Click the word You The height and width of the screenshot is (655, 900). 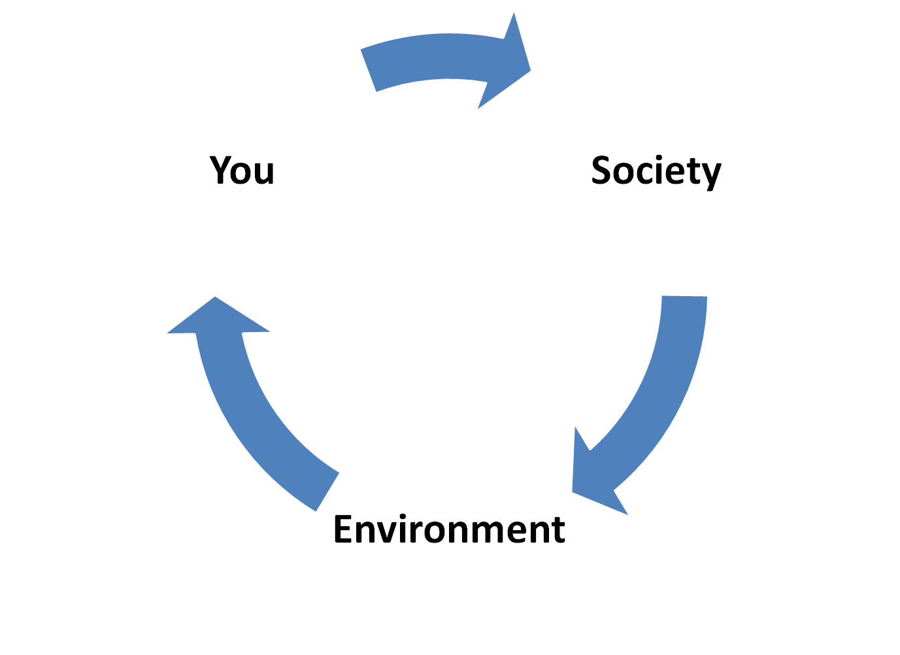[242, 170]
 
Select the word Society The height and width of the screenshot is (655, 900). [656, 171]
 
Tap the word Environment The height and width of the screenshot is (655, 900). [449, 529]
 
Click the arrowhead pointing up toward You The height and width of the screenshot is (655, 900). [216, 297]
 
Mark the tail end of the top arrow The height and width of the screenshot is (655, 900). [367, 70]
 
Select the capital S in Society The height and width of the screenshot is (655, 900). [603, 170]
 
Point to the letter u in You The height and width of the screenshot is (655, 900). [263, 173]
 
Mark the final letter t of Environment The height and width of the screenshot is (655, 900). [558, 530]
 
